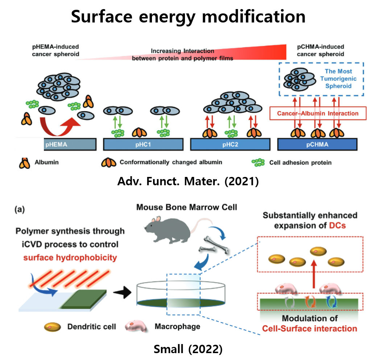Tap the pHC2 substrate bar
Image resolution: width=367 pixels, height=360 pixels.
click(230, 144)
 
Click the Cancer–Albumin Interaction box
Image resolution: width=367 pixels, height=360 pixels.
click(318, 113)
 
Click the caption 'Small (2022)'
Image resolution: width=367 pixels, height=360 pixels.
click(188, 349)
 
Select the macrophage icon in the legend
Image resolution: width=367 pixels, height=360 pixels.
click(137, 326)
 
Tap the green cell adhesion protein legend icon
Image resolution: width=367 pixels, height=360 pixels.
click(258, 162)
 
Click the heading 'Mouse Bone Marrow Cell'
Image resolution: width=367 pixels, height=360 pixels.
click(186, 207)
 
